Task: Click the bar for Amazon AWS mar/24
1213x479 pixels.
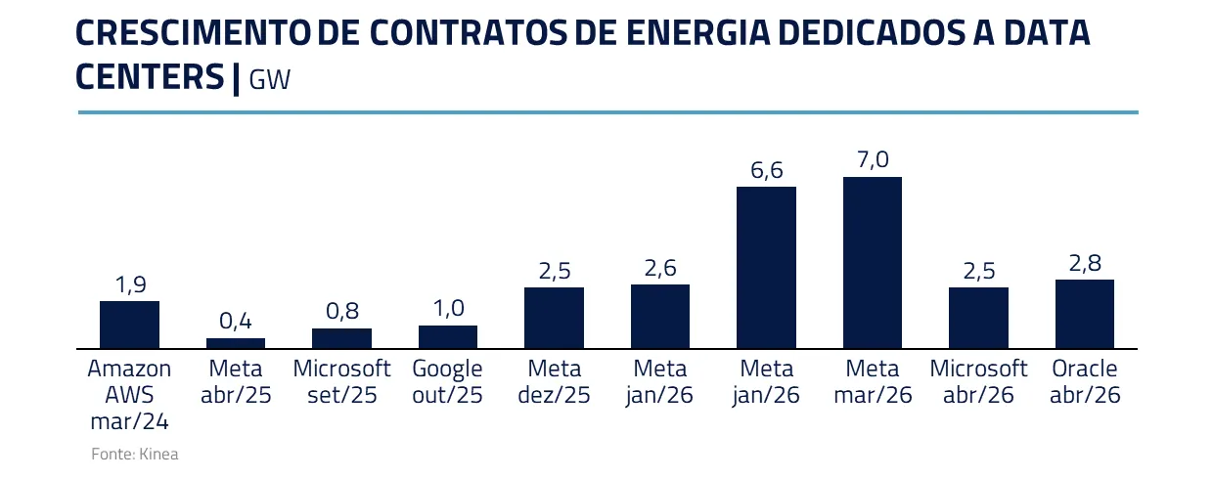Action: point(129,325)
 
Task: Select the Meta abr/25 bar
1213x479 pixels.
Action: point(236,343)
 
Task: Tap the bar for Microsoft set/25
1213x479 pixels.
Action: point(341,338)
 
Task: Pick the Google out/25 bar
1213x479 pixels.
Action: point(448,336)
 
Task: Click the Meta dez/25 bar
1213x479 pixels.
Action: point(554,318)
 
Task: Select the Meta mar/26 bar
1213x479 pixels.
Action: point(873,262)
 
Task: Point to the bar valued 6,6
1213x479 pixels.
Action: point(766,267)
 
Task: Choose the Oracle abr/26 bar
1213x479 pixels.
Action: point(1085,314)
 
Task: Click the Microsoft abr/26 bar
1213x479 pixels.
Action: point(978,318)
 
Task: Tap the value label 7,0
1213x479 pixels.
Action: point(873,159)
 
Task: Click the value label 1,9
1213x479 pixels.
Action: point(129,284)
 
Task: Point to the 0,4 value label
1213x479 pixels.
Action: point(236,321)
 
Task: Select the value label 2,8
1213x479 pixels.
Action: point(1085,263)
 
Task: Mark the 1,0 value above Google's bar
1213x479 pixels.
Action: point(448,309)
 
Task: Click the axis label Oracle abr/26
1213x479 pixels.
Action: point(1085,382)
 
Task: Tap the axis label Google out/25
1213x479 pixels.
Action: point(448,382)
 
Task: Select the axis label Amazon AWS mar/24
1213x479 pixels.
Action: point(129,395)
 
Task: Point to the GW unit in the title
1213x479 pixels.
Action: point(270,80)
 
